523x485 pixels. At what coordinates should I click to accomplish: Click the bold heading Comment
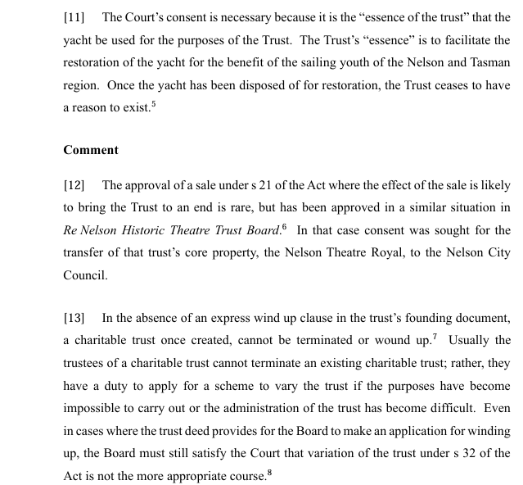(x=90, y=150)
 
